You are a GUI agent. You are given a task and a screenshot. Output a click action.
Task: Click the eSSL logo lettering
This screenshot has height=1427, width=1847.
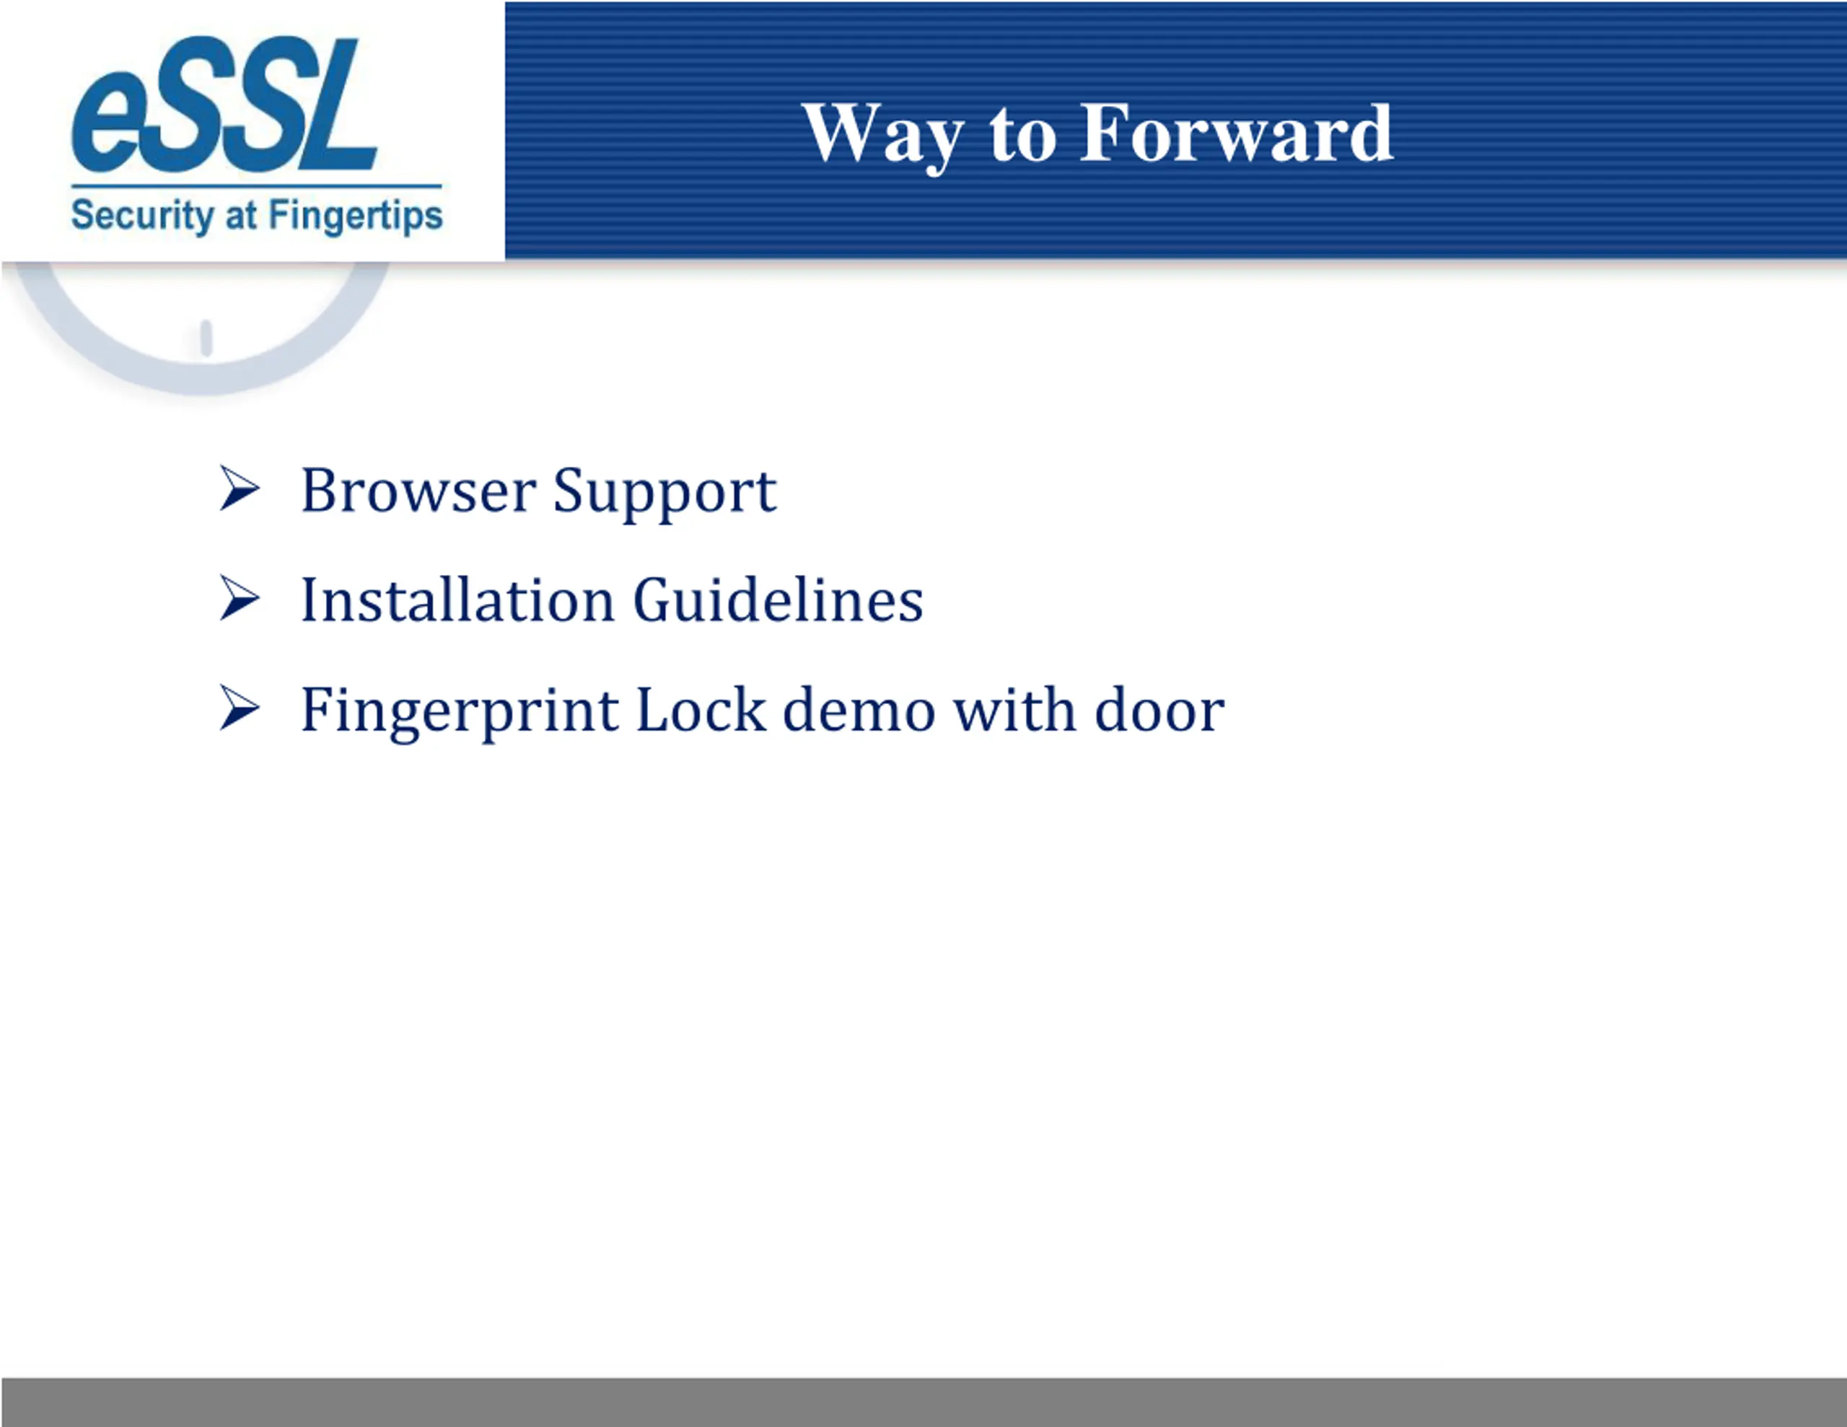pos(224,104)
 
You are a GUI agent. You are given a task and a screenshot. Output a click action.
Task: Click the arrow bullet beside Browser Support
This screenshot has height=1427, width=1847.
pos(240,488)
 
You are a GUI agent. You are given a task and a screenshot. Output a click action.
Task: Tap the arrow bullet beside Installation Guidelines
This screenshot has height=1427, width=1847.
pos(240,598)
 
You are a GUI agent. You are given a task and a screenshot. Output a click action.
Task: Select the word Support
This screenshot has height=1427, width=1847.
pos(664,494)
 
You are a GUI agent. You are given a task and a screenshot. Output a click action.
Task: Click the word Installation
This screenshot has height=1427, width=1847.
pos(457,600)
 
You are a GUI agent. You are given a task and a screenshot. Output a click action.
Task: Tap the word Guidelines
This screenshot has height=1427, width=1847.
pos(778,600)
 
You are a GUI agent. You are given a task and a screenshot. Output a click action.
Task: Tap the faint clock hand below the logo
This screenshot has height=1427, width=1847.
pos(206,338)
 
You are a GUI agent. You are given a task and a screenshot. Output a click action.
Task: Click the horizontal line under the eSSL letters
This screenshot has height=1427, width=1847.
pos(256,186)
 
